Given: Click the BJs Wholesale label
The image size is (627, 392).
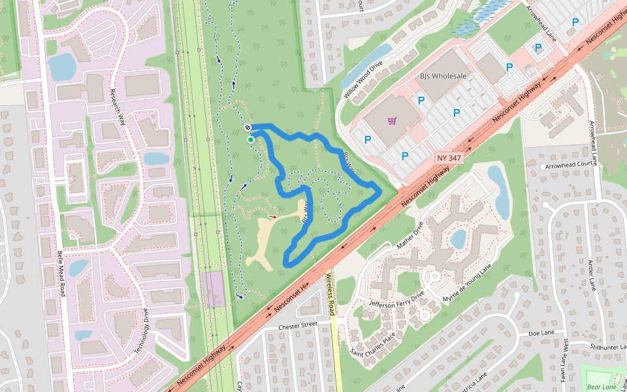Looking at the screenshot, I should (x=443, y=76).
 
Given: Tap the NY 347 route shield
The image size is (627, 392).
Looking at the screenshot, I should (x=449, y=158).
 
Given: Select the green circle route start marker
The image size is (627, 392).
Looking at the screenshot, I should (x=251, y=139).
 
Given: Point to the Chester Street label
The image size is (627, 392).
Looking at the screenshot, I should (x=297, y=325).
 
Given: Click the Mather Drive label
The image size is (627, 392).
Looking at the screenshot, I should (x=410, y=235).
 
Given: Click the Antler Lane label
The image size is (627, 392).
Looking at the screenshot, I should (x=593, y=274).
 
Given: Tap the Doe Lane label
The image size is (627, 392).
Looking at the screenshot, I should (x=541, y=333).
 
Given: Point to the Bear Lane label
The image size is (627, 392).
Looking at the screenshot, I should (x=602, y=387).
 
